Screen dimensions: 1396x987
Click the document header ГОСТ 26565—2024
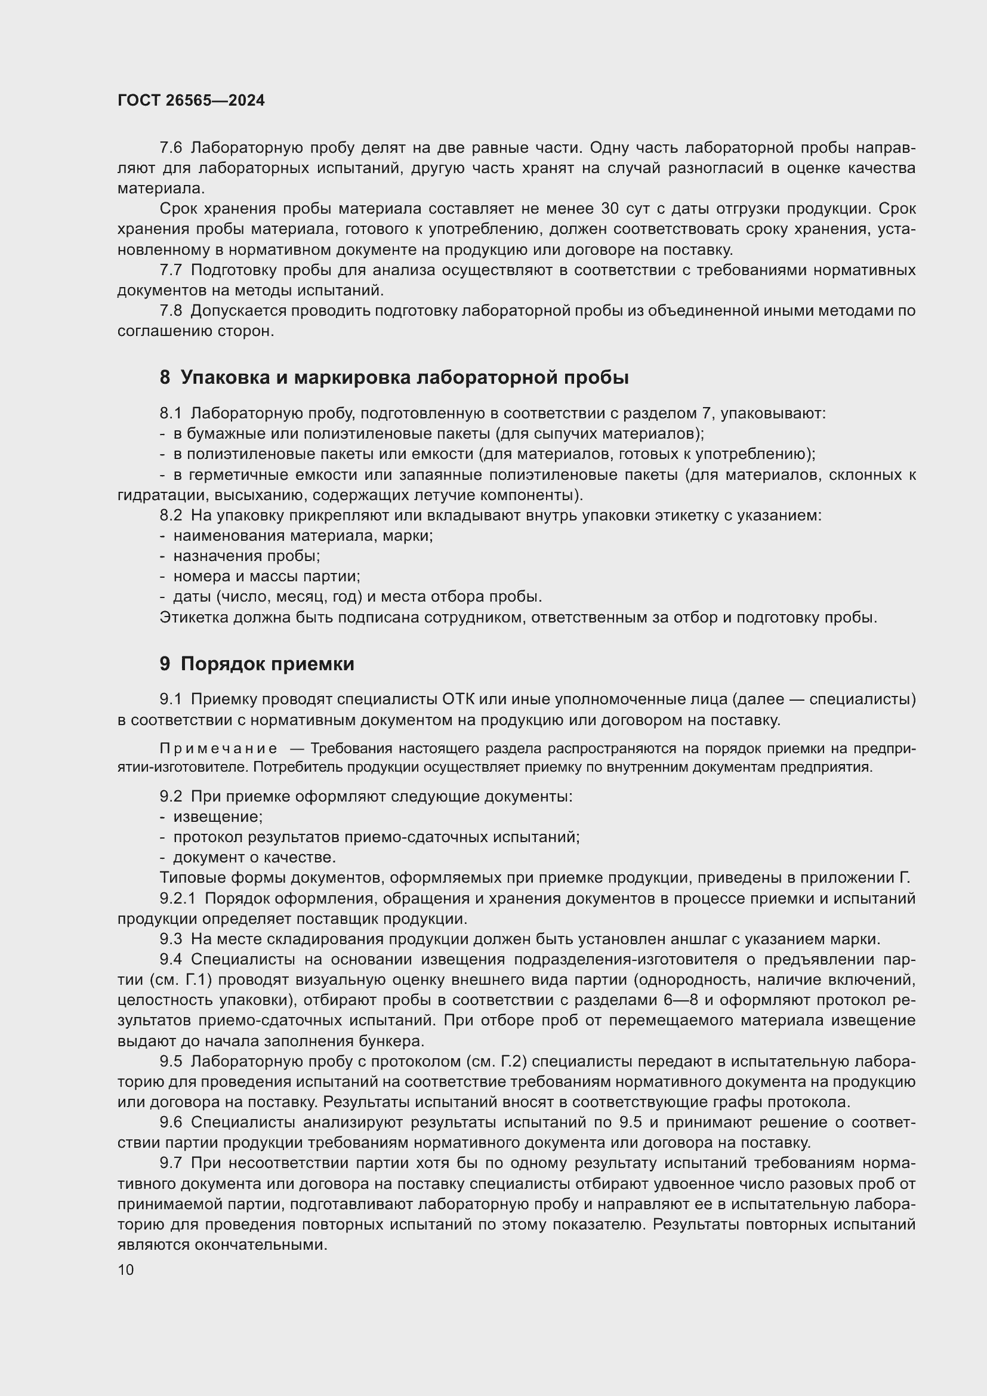(x=191, y=101)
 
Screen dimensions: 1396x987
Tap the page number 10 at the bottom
(x=126, y=1269)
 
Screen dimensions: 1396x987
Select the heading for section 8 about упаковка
(x=394, y=378)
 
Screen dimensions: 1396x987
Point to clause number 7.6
(x=171, y=148)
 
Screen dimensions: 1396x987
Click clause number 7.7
(x=171, y=270)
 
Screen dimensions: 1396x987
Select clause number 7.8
(x=171, y=311)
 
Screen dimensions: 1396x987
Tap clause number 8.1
(x=171, y=414)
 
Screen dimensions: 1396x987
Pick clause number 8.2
(x=171, y=516)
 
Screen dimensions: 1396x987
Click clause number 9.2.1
(x=178, y=899)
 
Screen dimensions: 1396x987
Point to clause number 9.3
(x=171, y=939)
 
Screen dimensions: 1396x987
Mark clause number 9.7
(x=171, y=1164)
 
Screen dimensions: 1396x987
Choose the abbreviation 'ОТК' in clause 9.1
(x=458, y=700)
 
